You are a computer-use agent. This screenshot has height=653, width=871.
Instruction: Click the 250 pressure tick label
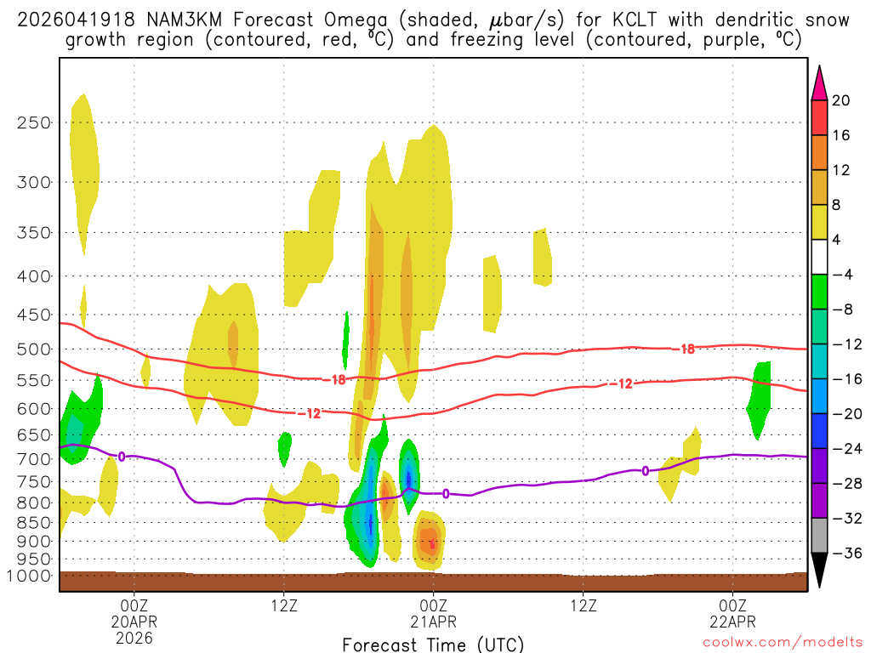(34, 122)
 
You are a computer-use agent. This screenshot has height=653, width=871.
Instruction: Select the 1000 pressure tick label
(30, 576)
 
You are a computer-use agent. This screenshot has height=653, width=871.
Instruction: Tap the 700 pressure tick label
(34, 459)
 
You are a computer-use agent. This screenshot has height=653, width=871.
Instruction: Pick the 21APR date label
(433, 621)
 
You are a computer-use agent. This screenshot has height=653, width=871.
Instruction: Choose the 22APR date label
(733, 621)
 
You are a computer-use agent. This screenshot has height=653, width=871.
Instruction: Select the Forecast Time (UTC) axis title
(433, 644)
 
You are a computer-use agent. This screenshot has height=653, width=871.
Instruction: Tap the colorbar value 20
(841, 100)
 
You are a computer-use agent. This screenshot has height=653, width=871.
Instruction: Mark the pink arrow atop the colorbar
(819, 83)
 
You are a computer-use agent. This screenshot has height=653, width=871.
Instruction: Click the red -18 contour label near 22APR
(686, 349)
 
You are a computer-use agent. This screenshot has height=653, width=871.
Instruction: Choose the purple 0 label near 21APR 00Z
(446, 493)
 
